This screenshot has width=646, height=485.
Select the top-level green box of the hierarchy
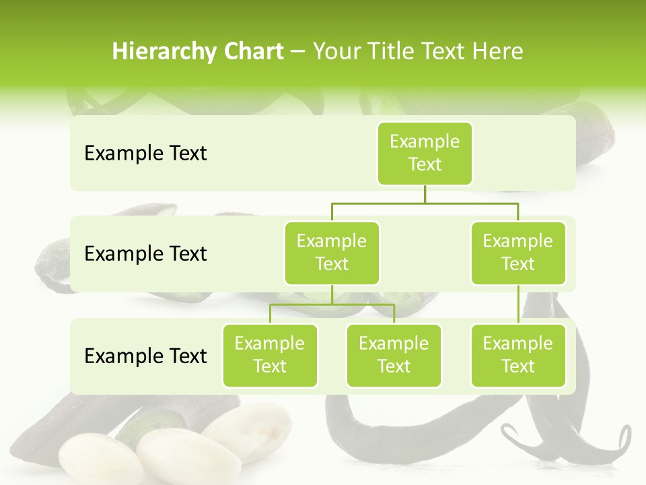pos(425,153)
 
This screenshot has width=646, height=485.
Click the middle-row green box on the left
pos(332,253)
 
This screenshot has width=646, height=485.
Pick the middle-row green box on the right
pos(518,253)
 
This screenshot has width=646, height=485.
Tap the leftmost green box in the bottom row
pos(270,355)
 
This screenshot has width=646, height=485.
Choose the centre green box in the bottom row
pos(394,355)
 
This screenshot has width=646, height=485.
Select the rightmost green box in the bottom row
pos(518,355)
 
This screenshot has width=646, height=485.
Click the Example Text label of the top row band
pos(145,154)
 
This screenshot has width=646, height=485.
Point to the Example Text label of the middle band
pos(145,254)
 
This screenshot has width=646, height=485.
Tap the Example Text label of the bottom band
pos(145,356)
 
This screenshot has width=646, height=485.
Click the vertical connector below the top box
pos(425,194)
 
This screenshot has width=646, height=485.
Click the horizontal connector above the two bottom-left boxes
pos(332,304)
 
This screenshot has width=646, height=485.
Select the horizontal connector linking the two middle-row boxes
pos(425,203)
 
